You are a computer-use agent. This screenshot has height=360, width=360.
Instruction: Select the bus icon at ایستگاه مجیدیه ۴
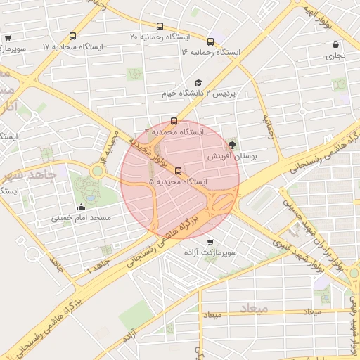(x=174, y=120)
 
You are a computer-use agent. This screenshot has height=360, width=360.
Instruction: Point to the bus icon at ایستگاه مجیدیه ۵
(x=177, y=170)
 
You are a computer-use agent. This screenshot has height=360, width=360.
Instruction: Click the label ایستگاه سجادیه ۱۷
(x=72, y=46)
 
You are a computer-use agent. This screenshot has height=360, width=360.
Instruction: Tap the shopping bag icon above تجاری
(x=335, y=44)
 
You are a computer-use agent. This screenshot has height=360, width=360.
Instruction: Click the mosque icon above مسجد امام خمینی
(x=81, y=207)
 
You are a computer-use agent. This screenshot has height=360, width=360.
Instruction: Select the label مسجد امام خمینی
(x=81, y=218)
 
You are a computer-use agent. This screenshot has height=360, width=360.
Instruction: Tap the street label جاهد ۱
(x=98, y=266)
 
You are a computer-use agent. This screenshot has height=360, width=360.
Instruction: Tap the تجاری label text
(x=335, y=55)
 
